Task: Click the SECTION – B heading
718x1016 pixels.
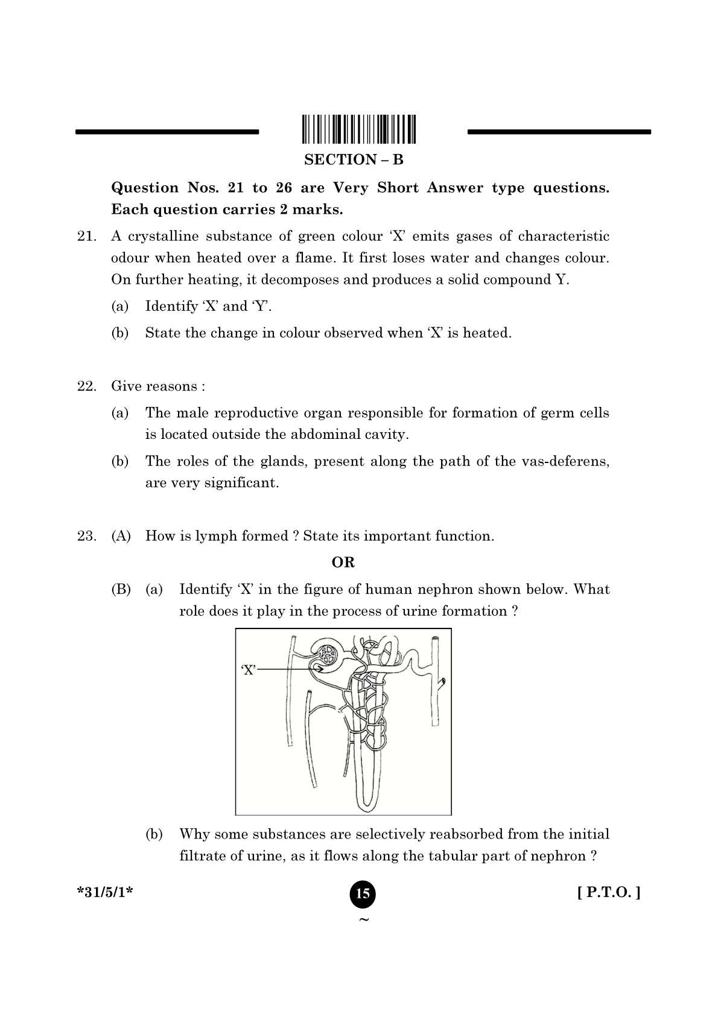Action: [x=354, y=160]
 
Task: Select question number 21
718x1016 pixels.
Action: [x=86, y=236]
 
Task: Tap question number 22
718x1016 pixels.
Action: [x=86, y=386]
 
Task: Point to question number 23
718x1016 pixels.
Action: [x=86, y=536]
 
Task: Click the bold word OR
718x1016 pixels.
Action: [x=343, y=563]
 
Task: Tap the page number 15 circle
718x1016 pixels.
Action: [x=363, y=893]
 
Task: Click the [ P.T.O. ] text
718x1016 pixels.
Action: [x=609, y=892]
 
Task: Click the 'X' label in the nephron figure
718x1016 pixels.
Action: [x=249, y=669]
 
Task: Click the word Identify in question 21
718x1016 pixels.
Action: [x=171, y=307]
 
